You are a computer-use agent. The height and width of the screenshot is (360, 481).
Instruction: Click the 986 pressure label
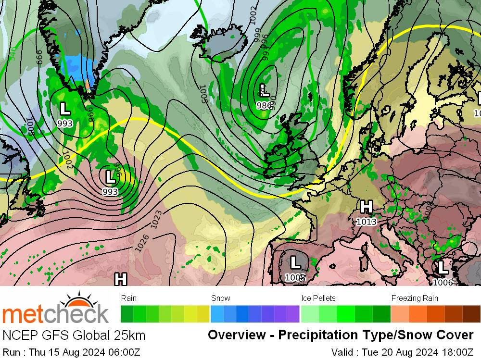(264, 106)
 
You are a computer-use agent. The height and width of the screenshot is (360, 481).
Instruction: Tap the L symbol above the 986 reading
(264, 90)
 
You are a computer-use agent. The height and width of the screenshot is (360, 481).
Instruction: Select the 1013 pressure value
(366, 221)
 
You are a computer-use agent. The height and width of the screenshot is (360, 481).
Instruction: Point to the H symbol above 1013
(366, 207)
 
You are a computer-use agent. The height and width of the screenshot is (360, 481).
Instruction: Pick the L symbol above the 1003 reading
(295, 263)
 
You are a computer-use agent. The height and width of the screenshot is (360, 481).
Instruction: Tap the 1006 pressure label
(443, 282)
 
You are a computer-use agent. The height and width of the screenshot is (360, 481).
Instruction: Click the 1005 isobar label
(203, 94)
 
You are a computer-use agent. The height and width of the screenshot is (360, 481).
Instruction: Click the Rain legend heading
(129, 298)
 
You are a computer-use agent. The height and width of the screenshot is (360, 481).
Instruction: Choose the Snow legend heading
(220, 298)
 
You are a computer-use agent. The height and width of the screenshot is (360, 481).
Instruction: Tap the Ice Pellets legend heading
(318, 298)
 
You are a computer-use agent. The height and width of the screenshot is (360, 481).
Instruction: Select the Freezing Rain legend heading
(414, 298)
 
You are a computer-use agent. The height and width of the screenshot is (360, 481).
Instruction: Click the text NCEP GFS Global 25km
(74, 335)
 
